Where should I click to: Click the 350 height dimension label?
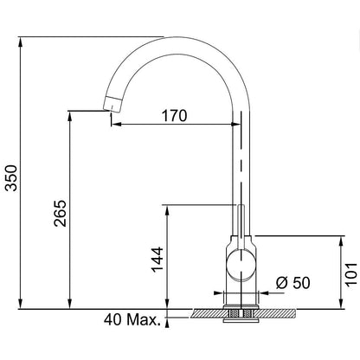[x=12, y=177]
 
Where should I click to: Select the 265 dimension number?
[x=61, y=213]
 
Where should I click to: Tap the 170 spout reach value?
[x=174, y=116]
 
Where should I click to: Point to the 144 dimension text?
[x=157, y=260]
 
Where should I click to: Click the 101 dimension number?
[x=351, y=274]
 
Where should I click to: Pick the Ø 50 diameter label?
[x=293, y=283]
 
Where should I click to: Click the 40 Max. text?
[x=132, y=319]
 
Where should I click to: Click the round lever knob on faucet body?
[x=241, y=266]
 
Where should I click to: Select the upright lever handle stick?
[x=241, y=227]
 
